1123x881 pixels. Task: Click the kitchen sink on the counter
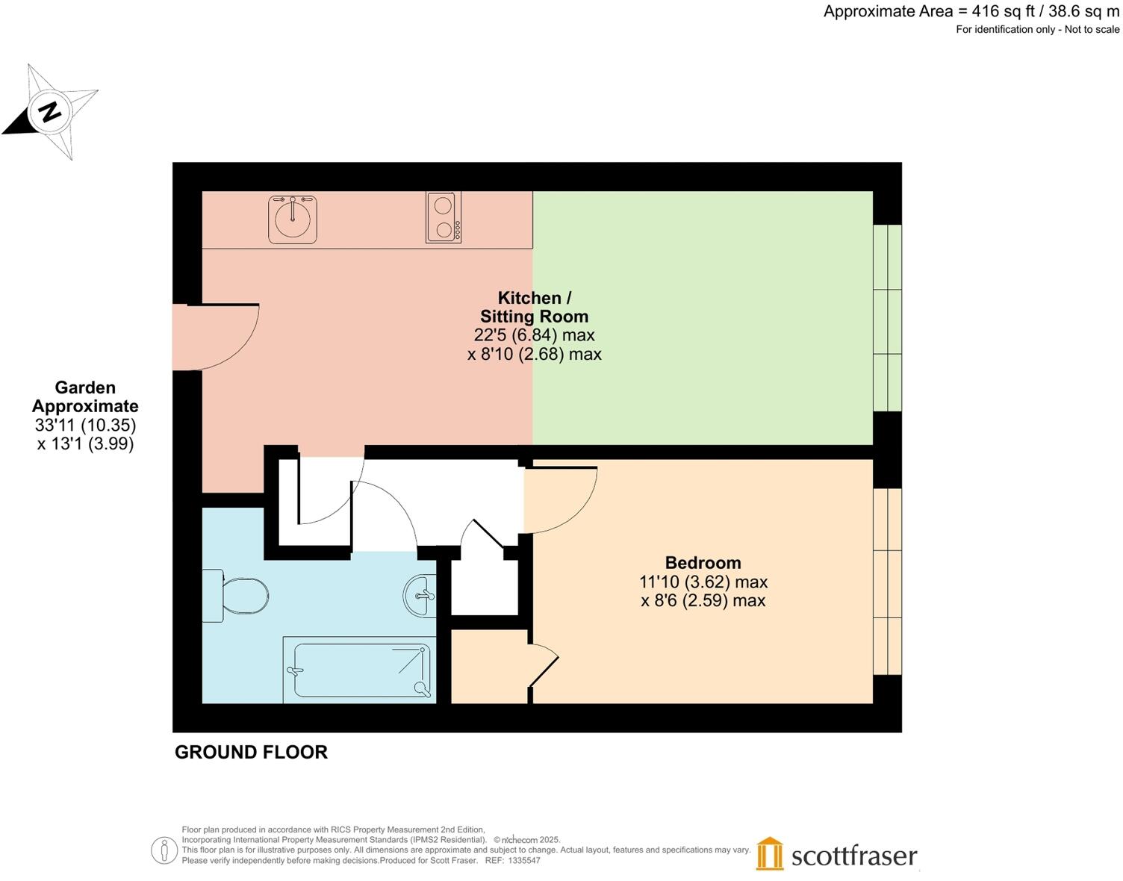tap(293, 219)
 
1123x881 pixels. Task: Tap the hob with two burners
tap(444, 217)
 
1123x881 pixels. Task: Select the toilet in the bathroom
tap(237, 596)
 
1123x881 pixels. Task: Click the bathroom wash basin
tap(420, 596)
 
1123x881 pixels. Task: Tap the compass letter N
tap(51, 112)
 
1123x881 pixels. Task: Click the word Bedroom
tap(703, 563)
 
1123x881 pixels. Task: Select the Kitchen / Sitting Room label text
tap(534, 307)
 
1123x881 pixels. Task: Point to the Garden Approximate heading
tap(85, 397)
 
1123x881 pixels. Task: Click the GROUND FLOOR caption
tap(251, 752)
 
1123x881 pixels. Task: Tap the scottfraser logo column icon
tap(770, 853)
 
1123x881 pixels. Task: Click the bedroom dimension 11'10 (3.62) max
tap(703, 582)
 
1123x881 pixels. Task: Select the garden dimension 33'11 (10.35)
tap(85, 426)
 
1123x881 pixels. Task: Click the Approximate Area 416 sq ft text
tap(971, 11)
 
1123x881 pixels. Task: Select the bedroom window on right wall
tap(888, 582)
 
